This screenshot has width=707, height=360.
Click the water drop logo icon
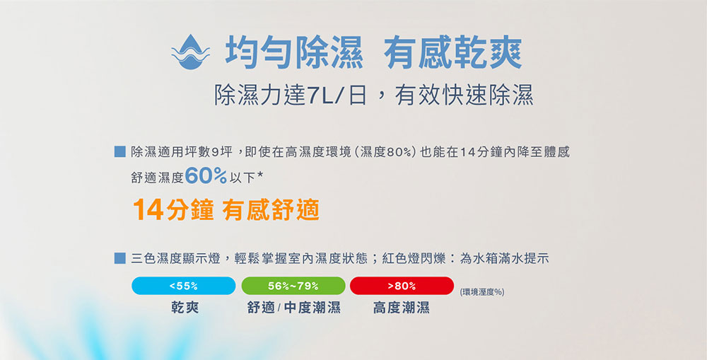point(190,52)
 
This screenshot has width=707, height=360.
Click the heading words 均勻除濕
point(294,53)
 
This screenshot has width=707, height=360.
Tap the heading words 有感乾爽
point(452,53)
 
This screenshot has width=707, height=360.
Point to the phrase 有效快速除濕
point(464,95)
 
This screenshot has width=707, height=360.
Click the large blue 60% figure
point(206,176)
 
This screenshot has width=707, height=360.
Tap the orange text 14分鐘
point(174,210)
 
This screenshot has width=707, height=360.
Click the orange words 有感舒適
point(271,210)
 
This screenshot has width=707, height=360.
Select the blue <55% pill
point(184,286)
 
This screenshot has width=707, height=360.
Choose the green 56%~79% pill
point(293,286)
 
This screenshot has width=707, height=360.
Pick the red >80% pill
point(402,286)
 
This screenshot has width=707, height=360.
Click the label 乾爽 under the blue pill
point(185,308)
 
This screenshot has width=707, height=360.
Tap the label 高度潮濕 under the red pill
point(402,308)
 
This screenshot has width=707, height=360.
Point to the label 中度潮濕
point(312,308)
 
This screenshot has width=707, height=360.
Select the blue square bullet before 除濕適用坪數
point(119,151)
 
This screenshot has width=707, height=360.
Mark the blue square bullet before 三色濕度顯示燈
point(119,258)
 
